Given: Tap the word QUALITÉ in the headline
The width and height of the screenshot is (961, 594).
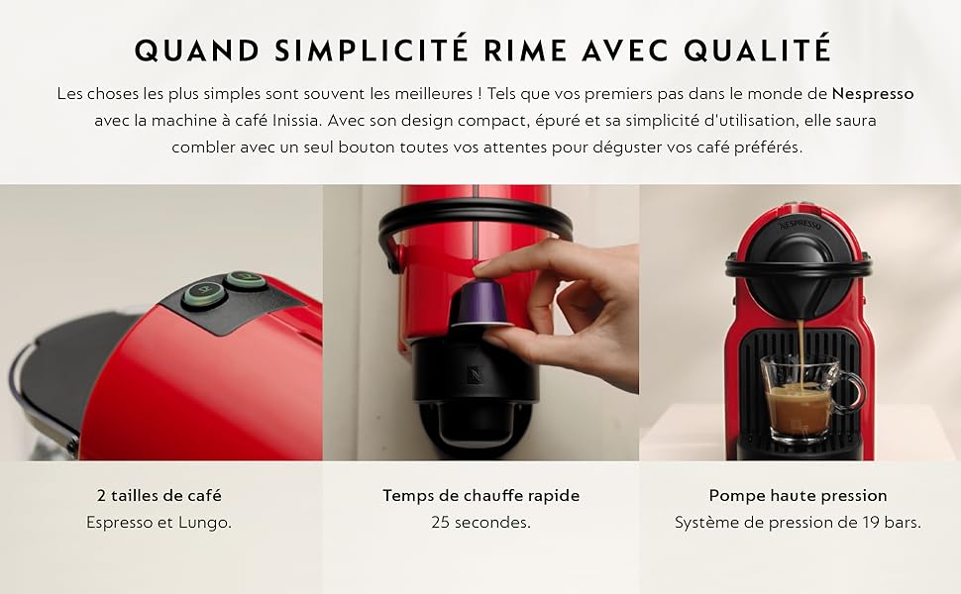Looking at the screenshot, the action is click(x=758, y=50).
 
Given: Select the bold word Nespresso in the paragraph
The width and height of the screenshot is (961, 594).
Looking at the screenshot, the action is click(x=873, y=94).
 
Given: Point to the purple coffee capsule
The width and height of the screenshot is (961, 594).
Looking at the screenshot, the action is click(x=481, y=303).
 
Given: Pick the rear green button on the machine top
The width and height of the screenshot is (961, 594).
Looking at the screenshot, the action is click(x=245, y=280).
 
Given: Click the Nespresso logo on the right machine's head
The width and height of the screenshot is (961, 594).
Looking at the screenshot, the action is click(x=800, y=225).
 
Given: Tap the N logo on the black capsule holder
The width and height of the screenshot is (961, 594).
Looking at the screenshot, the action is click(x=475, y=373).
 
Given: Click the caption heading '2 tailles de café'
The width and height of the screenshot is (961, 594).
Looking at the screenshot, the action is click(x=159, y=495).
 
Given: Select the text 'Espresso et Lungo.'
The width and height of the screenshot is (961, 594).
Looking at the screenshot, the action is click(x=159, y=523).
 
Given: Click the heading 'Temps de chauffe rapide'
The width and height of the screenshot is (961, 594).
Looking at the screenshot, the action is click(x=481, y=495).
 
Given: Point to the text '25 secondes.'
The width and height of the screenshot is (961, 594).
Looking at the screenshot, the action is click(x=481, y=523).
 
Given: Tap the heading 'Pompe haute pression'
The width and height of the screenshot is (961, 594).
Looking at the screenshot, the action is click(x=798, y=495).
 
